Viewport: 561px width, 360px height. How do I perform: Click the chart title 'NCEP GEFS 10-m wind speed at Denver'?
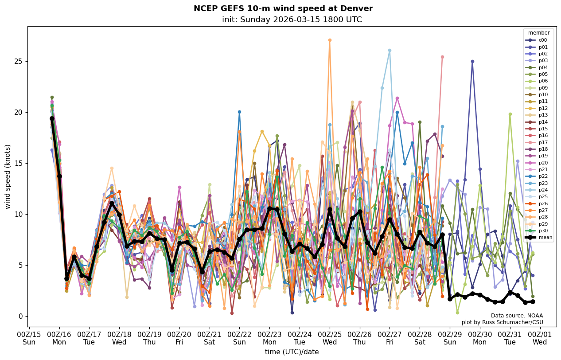[x=283, y=8]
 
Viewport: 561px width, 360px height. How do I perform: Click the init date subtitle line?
[x=292, y=20]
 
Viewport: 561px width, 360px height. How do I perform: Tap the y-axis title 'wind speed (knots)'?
[x=8, y=176]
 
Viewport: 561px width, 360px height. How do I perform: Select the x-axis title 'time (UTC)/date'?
[x=292, y=352]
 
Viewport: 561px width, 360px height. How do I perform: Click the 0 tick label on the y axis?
[x=20, y=316]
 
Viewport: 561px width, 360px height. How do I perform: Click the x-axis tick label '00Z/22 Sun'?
[x=239, y=337]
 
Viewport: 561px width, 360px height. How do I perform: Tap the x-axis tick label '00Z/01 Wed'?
[x=539, y=337]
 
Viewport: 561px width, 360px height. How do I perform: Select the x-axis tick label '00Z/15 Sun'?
[x=29, y=337]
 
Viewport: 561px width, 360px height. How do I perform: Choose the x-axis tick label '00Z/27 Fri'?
[x=390, y=337]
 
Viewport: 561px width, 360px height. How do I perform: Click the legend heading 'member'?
[x=538, y=33]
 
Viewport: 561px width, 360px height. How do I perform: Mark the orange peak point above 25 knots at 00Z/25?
[x=330, y=40]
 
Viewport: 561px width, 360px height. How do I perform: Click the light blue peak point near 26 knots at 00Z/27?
[x=390, y=51]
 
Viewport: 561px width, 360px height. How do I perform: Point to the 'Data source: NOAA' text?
[x=517, y=316]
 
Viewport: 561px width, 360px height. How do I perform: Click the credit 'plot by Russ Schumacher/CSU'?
[x=502, y=322]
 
